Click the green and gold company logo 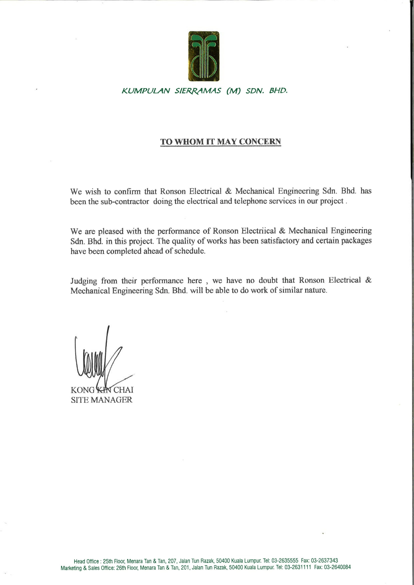pyautogui.click(x=204, y=56)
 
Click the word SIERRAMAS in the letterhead pyautogui.click(x=197, y=91)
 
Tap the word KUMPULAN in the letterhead pyautogui.click(x=146, y=91)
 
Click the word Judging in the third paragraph pyautogui.click(x=84, y=281)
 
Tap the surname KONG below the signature pyautogui.click(x=82, y=390)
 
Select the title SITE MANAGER pyautogui.click(x=101, y=400)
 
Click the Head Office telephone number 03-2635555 pyautogui.click(x=285, y=560)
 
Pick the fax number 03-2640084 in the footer pyautogui.click(x=337, y=567)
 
